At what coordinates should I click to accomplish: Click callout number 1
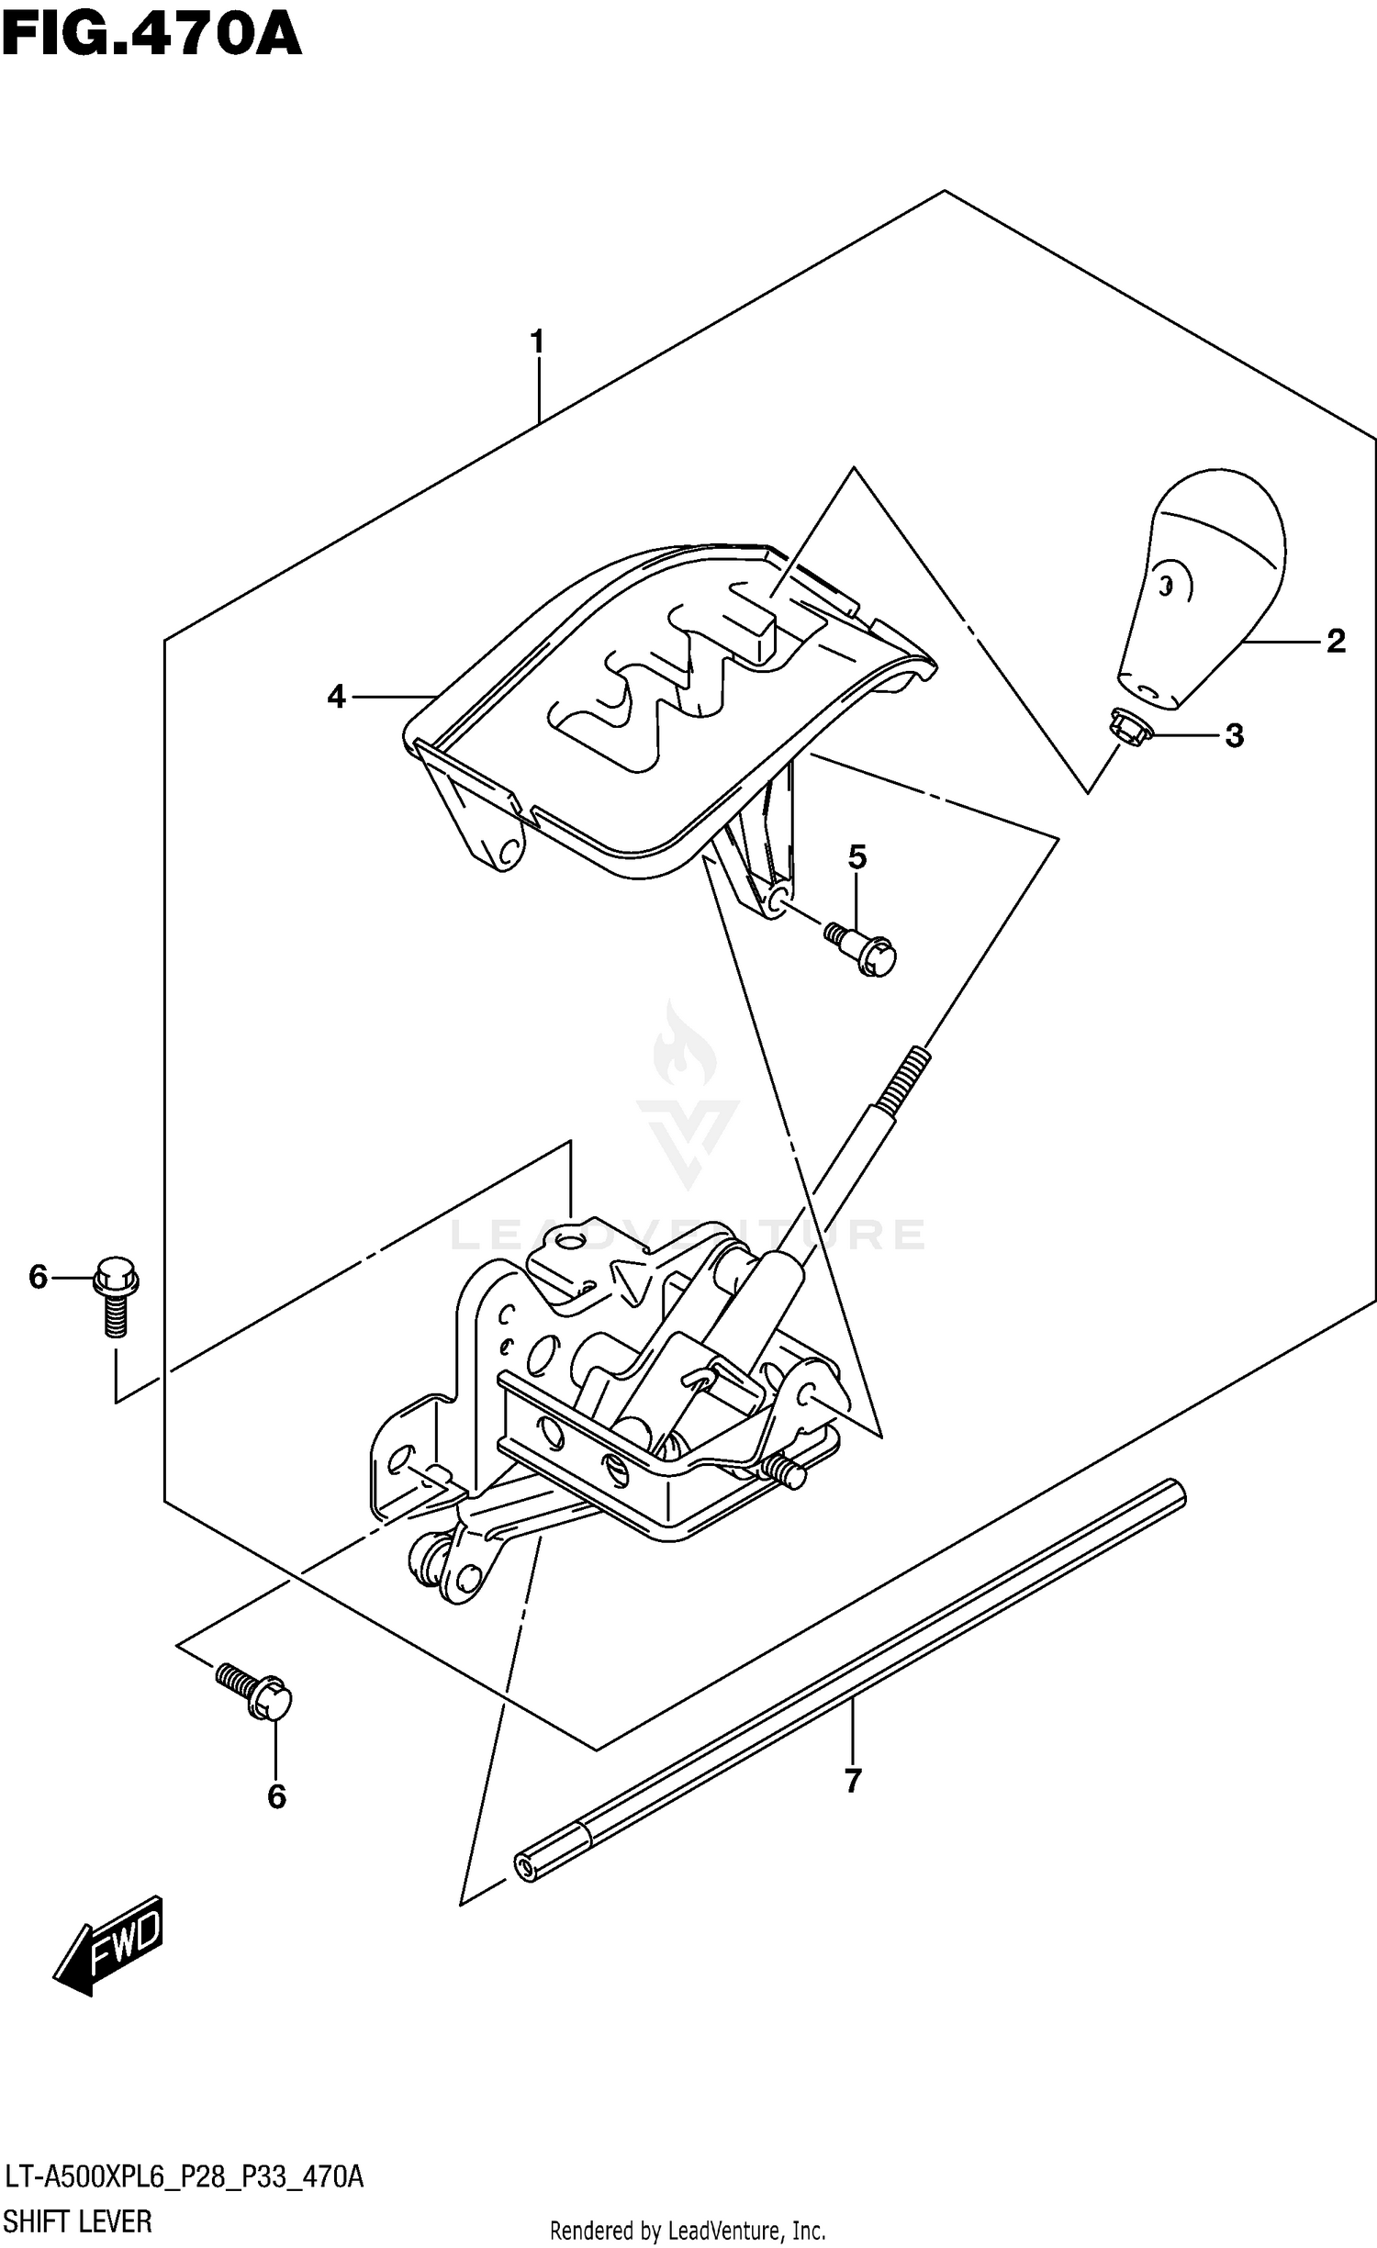point(538,342)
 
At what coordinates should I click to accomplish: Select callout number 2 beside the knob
point(1336,641)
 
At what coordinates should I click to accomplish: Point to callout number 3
point(1234,735)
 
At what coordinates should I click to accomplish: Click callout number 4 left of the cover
point(337,698)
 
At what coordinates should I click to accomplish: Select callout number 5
point(856,857)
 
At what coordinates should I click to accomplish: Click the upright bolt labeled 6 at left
point(115,1293)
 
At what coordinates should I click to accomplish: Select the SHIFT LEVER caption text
point(78,2221)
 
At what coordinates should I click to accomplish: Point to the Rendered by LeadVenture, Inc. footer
point(688,2231)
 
